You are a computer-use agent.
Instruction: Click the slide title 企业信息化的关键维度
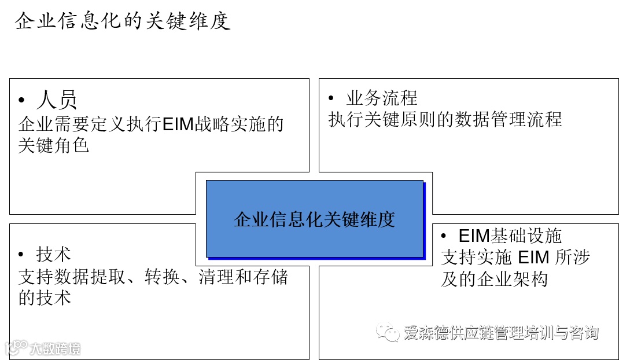pyautogui.click(x=123, y=21)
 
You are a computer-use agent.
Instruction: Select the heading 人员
pyautogui.click(x=57, y=100)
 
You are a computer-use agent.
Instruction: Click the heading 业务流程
pyautogui.click(x=381, y=98)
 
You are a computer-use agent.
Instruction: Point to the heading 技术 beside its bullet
pyautogui.click(x=53, y=254)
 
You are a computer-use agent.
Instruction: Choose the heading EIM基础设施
pyautogui.click(x=510, y=236)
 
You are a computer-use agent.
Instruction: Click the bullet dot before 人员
pyautogui.click(x=22, y=101)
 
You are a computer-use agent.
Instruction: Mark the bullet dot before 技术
pyautogui.click(x=22, y=255)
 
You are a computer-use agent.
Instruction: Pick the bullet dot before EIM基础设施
pyautogui.click(x=444, y=236)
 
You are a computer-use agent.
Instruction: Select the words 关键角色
pyautogui.click(x=53, y=145)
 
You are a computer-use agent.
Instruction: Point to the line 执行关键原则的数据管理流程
pyautogui.click(x=445, y=119)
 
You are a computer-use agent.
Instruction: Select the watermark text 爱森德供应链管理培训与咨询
pyautogui.click(x=501, y=333)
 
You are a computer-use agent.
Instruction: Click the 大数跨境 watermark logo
pyautogui.click(x=43, y=348)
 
